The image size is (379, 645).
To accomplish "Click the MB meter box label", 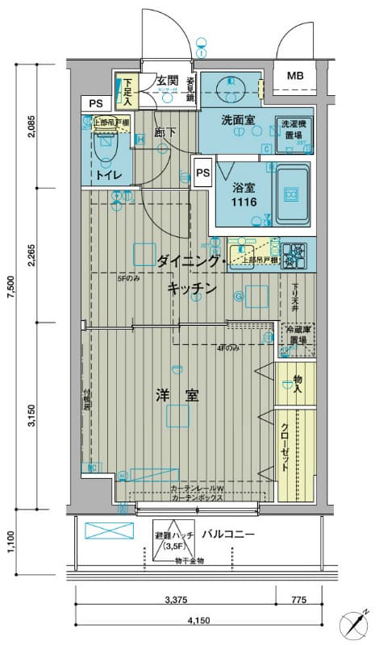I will click(297, 77).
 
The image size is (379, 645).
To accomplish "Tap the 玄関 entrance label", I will click(167, 81).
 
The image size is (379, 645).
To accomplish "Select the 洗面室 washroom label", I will click(238, 120).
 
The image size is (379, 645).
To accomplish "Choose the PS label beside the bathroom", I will click(202, 172).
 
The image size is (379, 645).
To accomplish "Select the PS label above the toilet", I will click(96, 103).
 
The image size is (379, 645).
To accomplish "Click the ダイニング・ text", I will click(188, 260).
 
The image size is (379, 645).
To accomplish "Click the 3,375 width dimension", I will click(175, 599).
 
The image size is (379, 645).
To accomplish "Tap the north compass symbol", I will click(356, 623).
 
